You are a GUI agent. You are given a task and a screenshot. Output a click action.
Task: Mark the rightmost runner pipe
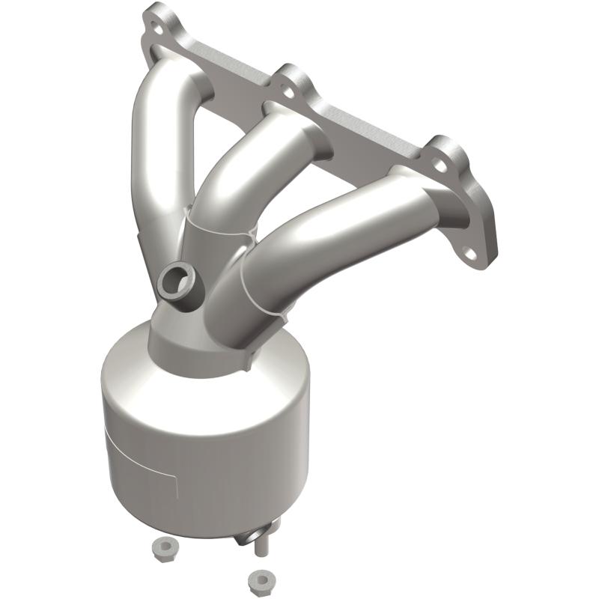coord(337,232)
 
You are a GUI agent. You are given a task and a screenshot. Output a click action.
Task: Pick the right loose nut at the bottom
coord(260,580)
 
